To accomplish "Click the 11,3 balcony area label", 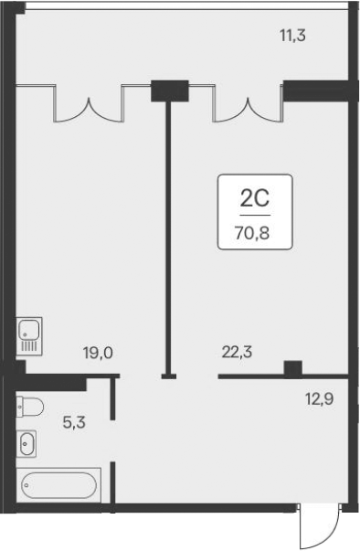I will tap(292, 37).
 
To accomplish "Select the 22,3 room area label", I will tap(238, 349).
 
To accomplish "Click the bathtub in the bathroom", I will tap(58, 483).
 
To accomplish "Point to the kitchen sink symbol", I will tap(27, 335).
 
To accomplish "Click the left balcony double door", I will tap(90, 102).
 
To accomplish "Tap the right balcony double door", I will tap(246, 102).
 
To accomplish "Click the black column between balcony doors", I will tap(168, 90).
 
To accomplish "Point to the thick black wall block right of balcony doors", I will tap(317, 90).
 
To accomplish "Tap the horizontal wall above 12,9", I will tap(283, 376).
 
